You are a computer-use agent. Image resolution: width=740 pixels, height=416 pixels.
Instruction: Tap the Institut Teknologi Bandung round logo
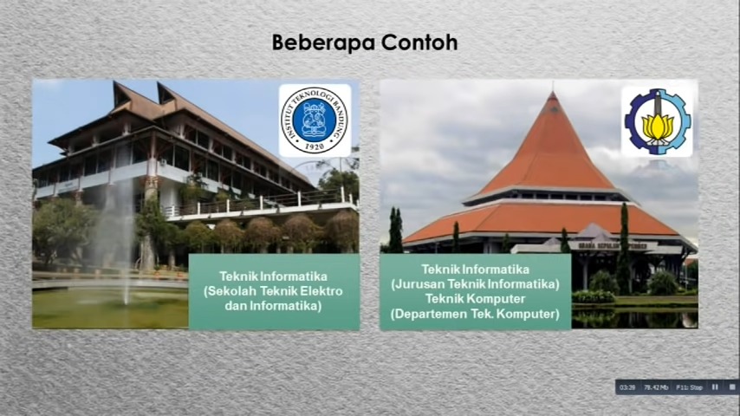click(x=315, y=120)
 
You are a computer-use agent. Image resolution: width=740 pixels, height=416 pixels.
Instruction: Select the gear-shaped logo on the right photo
click(x=657, y=121)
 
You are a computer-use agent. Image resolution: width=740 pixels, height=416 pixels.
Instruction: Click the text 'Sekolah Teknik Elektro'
click(x=275, y=291)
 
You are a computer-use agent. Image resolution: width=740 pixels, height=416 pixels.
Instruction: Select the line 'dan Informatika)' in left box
click(x=275, y=305)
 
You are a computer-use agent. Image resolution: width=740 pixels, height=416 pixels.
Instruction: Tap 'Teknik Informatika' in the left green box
click(x=275, y=277)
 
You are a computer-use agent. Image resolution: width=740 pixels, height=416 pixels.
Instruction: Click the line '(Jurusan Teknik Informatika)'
click(x=475, y=283)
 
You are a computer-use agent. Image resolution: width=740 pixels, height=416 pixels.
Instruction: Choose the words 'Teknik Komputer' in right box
click(x=475, y=298)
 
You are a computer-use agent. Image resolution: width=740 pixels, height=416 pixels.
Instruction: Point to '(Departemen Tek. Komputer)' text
click(x=475, y=313)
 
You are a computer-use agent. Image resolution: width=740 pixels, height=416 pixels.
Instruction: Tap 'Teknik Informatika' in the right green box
click(x=475, y=270)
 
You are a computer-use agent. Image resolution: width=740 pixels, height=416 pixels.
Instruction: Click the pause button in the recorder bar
click(x=715, y=387)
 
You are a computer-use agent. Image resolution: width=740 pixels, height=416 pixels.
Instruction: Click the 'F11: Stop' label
click(x=690, y=387)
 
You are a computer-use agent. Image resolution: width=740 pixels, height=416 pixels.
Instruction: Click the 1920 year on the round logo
click(x=315, y=146)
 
